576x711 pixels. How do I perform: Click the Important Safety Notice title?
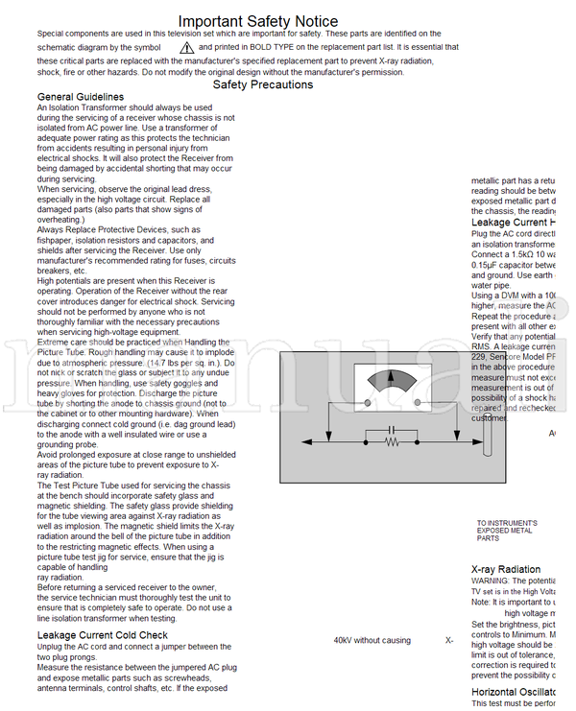click(x=258, y=21)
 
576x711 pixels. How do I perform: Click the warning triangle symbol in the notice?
click(x=186, y=47)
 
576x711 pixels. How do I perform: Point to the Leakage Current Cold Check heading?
click(x=103, y=635)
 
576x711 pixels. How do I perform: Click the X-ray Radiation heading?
click(x=506, y=569)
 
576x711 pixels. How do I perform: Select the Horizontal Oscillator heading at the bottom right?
click(x=515, y=691)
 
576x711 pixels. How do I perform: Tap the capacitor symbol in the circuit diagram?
click(x=392, y=428)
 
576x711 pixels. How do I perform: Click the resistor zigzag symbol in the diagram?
click(x=392, y=442)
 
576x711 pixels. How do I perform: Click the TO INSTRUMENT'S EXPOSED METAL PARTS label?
click(x=506, y=531)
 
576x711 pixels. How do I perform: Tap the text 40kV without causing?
click(x=372, y=640)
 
